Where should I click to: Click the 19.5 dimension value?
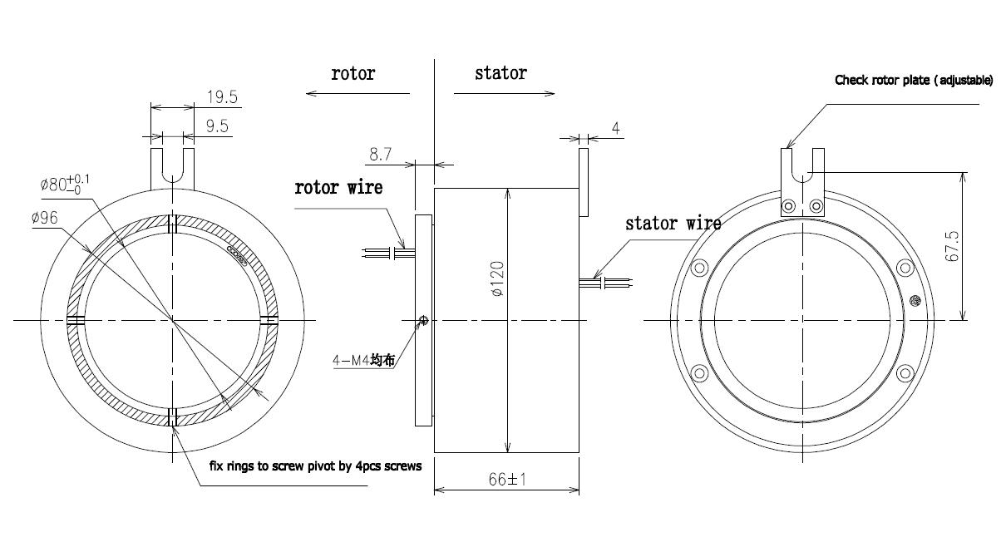click(x=222, y=97)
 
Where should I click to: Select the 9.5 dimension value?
click(x=218, y=126)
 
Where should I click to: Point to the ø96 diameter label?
click(x=46, y=218)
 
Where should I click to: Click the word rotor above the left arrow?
click(x=353, y=73)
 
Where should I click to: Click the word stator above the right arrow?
click(x=500, y=73)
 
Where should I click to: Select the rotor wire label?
click(x=339, y=188)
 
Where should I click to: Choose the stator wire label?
click(x=673, y=224)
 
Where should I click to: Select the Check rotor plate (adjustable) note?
click(x=913, y=81)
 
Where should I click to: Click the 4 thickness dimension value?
click(x=615, y=128)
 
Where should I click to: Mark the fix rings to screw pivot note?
click(x=315, y=466)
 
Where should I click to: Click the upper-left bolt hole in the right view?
click(x=699, y=268)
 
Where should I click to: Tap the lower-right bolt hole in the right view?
click(x=905, y=372)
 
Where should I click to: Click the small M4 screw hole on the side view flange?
click(x=423, y=321)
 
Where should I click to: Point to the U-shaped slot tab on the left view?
click(x=172, y=168)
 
